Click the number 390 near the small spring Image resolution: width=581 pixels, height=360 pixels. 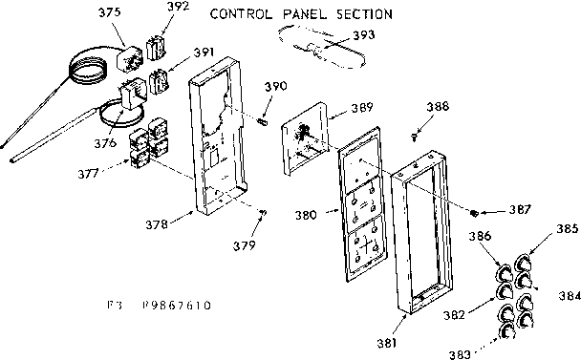(x=275, y=87)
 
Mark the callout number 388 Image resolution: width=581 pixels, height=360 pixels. (x=439, y=106)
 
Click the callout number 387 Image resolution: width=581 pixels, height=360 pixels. (x=520, y=209)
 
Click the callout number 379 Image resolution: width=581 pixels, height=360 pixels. (x=247, y=246)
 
